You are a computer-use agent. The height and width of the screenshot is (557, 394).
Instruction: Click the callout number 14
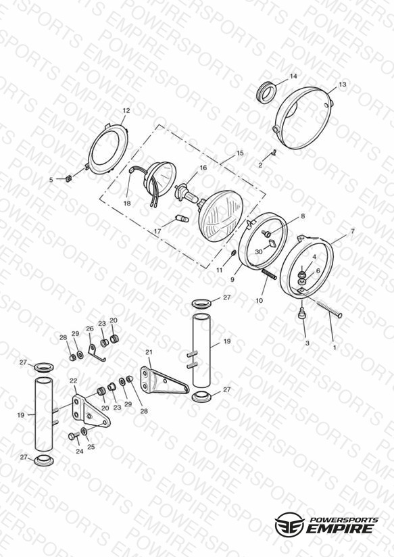(293, 76)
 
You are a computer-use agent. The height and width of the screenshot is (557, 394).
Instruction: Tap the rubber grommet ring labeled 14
(266, 92)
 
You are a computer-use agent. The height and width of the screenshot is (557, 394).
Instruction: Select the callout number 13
(342, 84)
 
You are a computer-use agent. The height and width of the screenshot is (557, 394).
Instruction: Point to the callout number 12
(126, 111)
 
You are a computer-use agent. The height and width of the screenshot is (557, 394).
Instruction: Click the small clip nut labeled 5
(70, 178)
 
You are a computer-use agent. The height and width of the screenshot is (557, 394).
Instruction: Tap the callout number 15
(240, 153)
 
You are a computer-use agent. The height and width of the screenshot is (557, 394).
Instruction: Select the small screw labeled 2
(274, 153)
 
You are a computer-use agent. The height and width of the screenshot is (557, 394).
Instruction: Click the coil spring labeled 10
(269, 274)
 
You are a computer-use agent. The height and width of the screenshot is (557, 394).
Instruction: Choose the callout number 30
(259, 251)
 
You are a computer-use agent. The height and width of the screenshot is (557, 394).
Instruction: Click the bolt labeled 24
(73, 436)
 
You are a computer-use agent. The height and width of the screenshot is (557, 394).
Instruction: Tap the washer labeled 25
(84, 431)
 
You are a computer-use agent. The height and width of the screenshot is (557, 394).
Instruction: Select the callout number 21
(149, 352)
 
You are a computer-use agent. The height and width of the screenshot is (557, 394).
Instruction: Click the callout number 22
(73, 381)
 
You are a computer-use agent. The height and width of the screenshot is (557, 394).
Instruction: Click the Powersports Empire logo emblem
(289, 524)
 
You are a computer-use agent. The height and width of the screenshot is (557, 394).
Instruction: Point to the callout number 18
(127, 203)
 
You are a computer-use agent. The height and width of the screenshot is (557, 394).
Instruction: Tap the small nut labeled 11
(233, 253)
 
